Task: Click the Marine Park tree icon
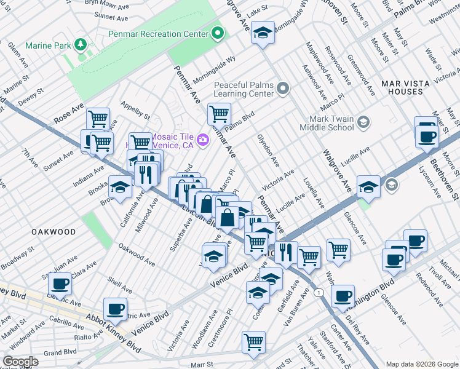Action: (79, 45)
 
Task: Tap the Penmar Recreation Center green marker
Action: (218, 33)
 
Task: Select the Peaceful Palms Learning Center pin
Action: (283, 89)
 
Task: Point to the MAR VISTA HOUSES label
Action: (402, 87)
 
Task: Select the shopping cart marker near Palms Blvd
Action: (219, 114)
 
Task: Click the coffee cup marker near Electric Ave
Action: (60, 284)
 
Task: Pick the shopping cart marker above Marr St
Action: (253, 342)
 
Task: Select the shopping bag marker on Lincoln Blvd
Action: (228, 216)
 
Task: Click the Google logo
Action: (20, 362)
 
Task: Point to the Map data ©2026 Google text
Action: (421, 364)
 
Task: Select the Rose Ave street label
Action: (68, 111)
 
